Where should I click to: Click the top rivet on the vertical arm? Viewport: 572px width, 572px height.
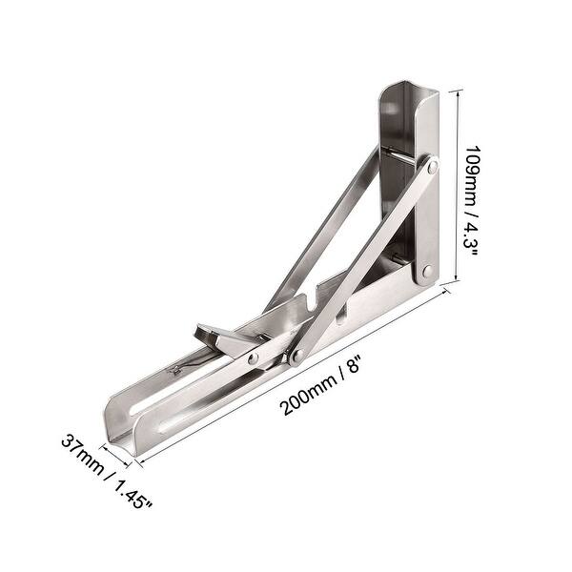pyautogui.click(x=432, y=168)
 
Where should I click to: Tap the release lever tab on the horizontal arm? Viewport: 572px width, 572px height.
pyautogui.click(x=214, y=335)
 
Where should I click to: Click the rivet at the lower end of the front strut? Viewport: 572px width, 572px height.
pyautogui.click(x=296, y=357)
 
